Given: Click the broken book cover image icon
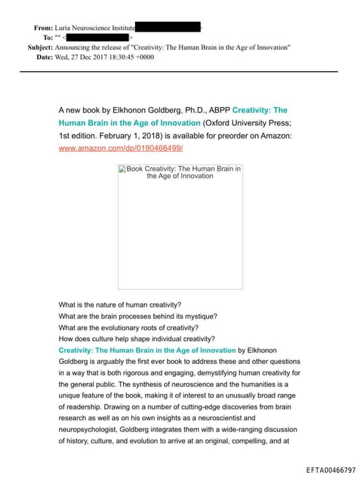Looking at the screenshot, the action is (122, 169).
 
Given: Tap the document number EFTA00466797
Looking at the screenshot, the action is (331, 469).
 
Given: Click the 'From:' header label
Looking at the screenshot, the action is (43, 27).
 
